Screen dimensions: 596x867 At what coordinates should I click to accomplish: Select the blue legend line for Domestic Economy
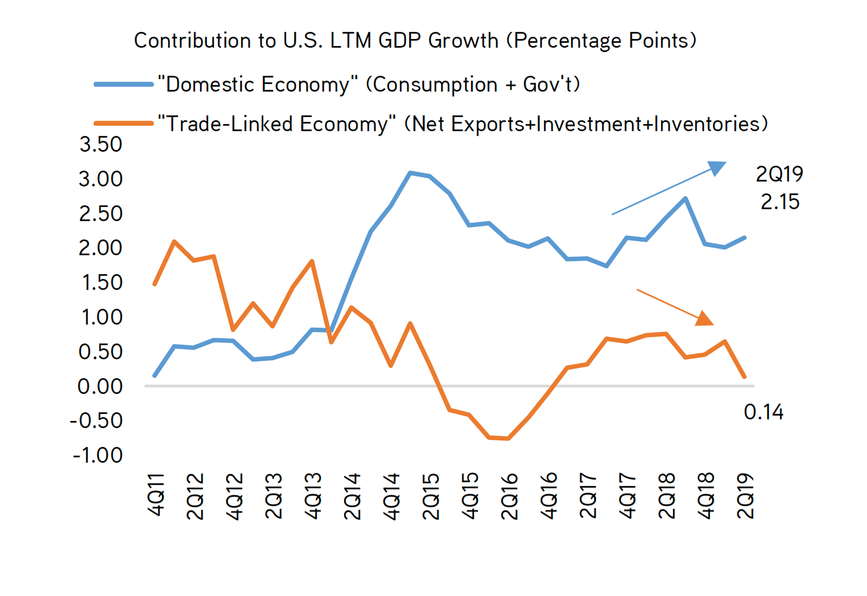click(x=124, y=85)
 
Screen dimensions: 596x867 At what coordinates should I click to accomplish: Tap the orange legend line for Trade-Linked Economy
click(x=124, y=124)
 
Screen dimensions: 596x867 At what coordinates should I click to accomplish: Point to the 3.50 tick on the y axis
click(x=101, y=144)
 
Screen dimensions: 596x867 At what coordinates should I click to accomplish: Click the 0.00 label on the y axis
click(x=100, y=387)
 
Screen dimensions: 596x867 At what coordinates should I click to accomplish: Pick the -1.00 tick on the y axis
click(x=98, y=455)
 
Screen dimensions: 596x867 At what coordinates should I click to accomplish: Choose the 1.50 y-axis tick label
click(x=102, y=283)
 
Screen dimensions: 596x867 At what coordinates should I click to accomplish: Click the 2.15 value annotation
click(x=780, y=202)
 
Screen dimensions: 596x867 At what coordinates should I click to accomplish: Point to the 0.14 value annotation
click(x=763, y=412)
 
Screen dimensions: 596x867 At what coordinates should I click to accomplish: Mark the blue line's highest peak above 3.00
click(x=410, y=173)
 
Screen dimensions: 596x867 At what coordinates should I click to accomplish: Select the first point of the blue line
click(x=155, y=375)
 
